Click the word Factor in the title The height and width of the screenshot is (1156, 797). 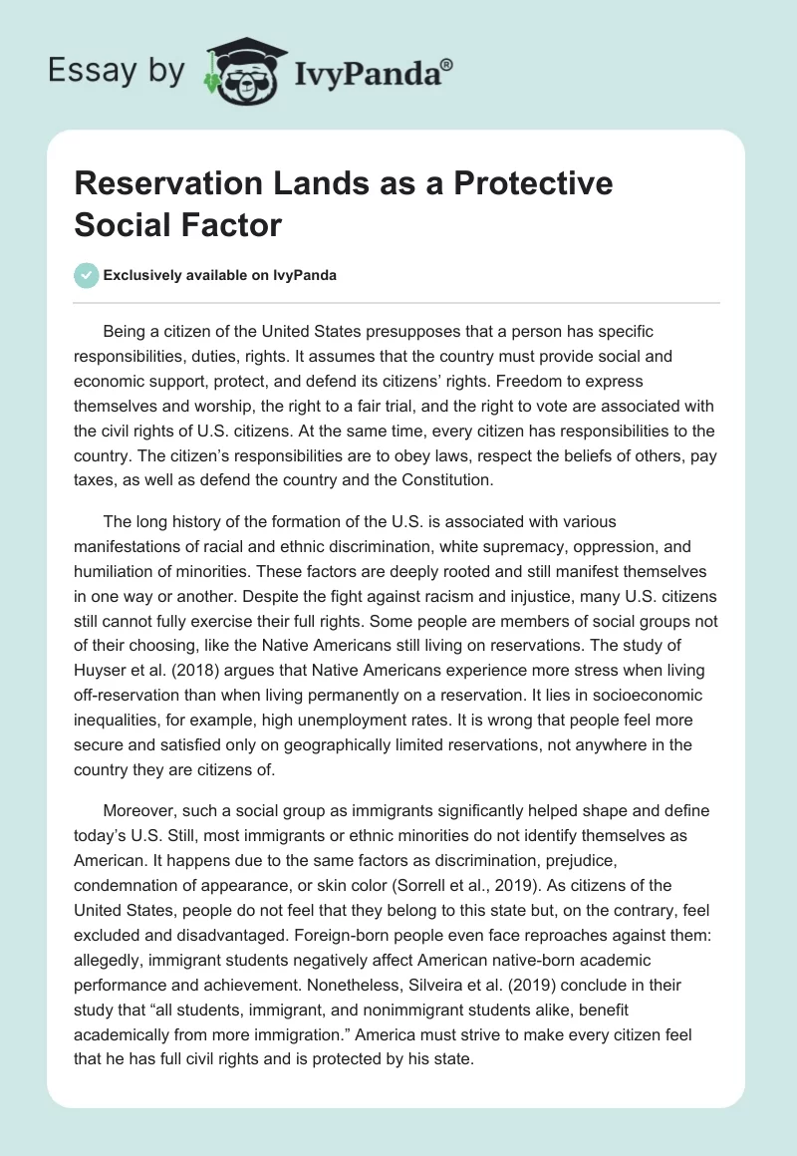[x=232, y=225]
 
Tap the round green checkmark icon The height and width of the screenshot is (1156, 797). [x=87, y=276]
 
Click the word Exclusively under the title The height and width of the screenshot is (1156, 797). [x=147, y=276]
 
